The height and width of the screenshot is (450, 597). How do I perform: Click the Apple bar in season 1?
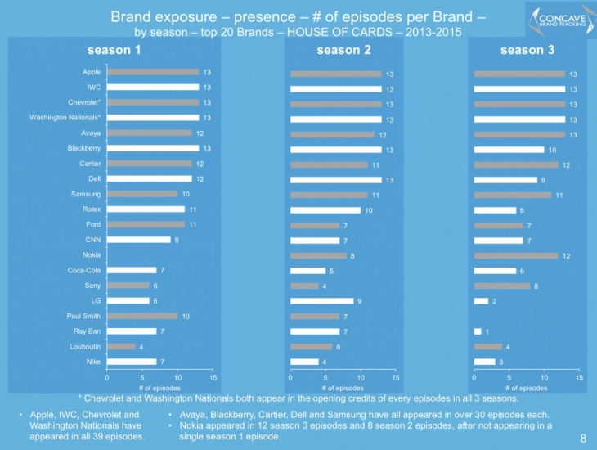pos(153,72)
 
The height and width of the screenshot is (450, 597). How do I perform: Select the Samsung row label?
pos(86,194)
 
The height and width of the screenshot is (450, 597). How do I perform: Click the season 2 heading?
pos(343,51)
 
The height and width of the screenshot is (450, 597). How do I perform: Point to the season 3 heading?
pos(527,51)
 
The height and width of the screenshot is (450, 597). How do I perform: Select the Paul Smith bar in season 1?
pos(142,316)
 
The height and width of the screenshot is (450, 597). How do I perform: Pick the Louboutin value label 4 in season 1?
pos(141,346)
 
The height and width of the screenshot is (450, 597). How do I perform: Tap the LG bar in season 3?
pos(481,301)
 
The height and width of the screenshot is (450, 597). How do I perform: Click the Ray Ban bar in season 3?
pos(478,331)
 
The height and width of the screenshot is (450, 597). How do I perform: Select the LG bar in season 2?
pos(321,301)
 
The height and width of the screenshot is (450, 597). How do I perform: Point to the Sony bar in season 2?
pos(304,286)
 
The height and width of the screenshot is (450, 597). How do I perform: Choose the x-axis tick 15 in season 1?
pos(213,378)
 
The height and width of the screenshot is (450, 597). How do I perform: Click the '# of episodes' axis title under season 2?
pos(343,388)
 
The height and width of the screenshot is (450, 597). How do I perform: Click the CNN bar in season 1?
pos(139,240)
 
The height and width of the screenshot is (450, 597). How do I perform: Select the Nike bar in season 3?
pos(484,362)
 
